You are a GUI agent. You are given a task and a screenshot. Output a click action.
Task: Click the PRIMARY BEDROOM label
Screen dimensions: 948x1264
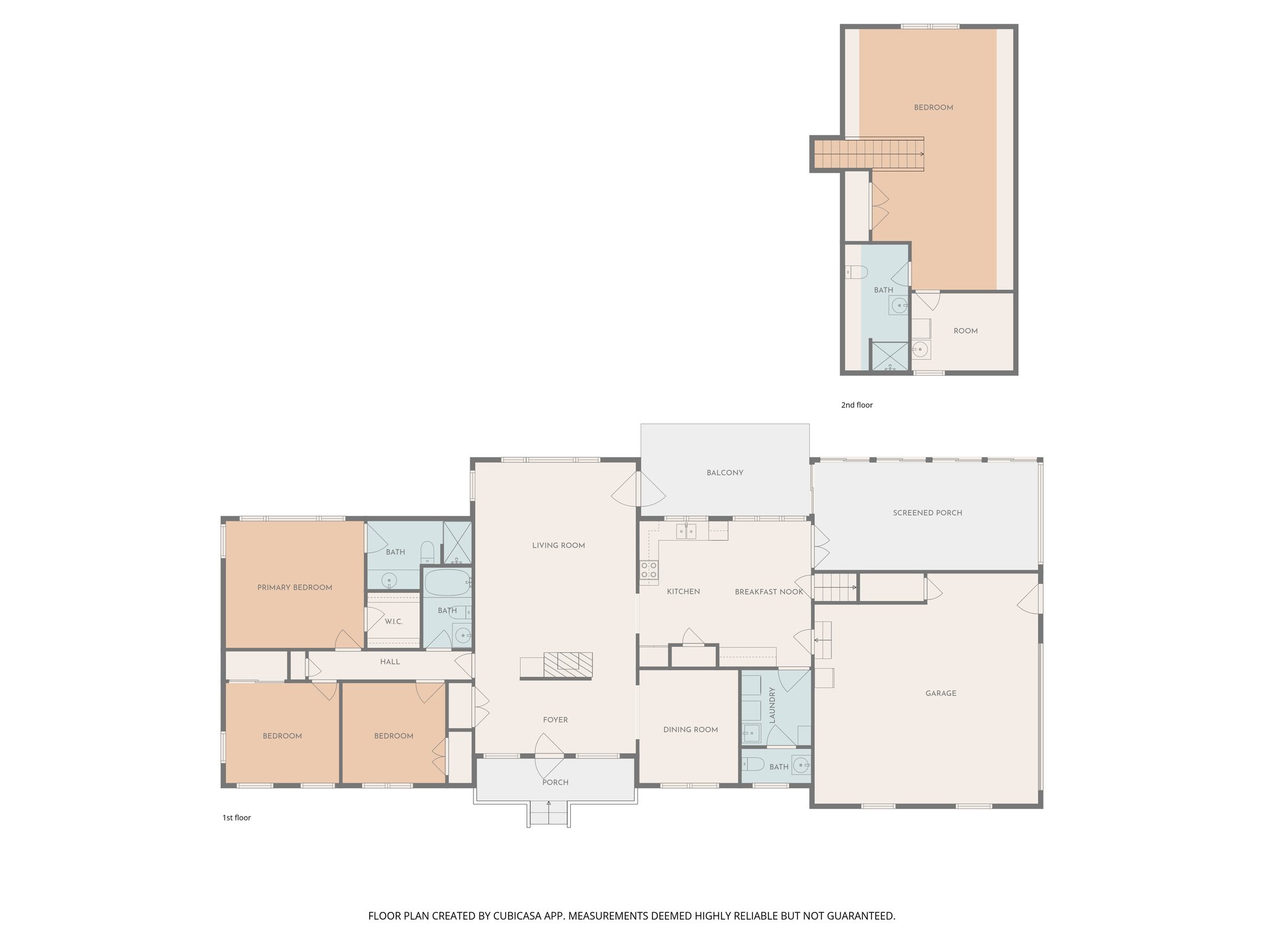point(294,588)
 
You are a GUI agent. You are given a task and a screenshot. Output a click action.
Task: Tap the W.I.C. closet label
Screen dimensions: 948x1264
point(394,622)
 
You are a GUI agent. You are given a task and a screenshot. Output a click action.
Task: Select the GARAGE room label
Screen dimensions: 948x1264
point(941,693)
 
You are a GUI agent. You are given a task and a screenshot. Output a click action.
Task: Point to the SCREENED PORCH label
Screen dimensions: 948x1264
point(927,513)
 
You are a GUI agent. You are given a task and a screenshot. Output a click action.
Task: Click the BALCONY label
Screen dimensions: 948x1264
point(725,473)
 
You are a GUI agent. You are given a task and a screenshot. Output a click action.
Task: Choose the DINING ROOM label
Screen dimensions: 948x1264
point(690,730)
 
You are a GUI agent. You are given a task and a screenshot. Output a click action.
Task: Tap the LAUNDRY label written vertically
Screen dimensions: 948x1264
point(771,705)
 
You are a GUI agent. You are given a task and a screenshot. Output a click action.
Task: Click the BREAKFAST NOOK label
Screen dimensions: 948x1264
point(768,592)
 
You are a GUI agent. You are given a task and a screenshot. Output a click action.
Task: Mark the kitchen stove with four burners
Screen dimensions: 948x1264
point(649,570)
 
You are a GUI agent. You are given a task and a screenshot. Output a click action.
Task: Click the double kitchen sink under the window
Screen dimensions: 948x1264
point(686,530)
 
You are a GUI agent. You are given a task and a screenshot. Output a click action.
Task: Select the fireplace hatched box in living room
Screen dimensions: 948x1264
point(568,662)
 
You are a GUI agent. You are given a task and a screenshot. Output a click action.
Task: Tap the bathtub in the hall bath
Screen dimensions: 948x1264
point(447,582)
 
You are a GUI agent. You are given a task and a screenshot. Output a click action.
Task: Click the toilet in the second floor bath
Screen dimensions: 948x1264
point(857,272)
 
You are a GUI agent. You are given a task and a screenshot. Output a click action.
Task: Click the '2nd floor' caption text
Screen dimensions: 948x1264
point(857,405)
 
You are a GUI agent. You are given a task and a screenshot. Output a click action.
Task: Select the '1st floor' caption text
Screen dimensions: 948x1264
point(236,818)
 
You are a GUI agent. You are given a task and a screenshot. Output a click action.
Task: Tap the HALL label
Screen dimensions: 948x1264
point(389,662)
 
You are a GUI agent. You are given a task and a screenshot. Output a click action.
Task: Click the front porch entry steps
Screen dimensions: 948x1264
point(549,814)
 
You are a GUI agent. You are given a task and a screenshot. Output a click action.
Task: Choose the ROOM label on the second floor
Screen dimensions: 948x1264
point(965,331)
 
